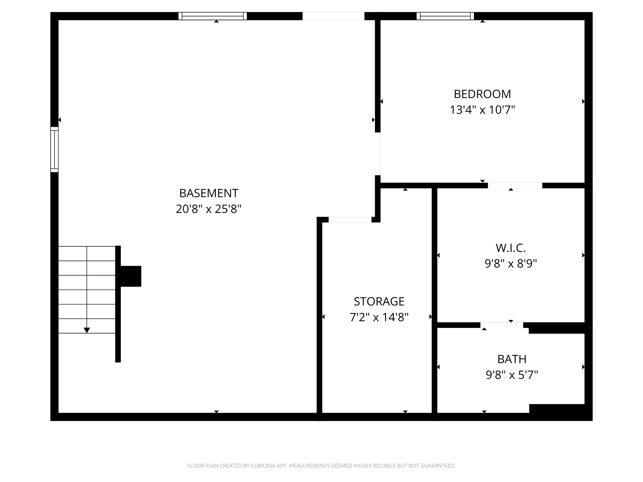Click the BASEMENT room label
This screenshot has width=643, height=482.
(209, 193)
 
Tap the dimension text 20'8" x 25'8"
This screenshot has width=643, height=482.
(209, 209)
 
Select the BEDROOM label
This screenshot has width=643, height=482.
(482, 94)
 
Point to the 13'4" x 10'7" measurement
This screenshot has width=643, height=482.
(482, 110)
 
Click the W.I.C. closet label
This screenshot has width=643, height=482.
(511, 248)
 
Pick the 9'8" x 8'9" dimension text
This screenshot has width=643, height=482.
(511, 264)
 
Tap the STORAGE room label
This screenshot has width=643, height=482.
(379, 302)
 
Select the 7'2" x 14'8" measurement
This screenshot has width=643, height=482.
(379, 317)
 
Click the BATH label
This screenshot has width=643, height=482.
(512, 359)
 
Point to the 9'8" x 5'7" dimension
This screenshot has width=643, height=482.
(512, 375)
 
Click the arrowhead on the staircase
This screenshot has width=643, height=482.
(87, 330)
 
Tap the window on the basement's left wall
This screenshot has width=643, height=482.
(54, 150)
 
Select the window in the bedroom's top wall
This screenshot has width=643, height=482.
(445, 16)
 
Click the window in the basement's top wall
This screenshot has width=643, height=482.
(212, 16)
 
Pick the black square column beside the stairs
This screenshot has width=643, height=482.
(131, 276)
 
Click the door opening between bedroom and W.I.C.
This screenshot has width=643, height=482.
(515, 185)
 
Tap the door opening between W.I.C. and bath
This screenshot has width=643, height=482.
(502, 325)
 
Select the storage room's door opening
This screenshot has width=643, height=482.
(350, 220)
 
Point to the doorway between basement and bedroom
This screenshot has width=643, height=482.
(378, 154)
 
